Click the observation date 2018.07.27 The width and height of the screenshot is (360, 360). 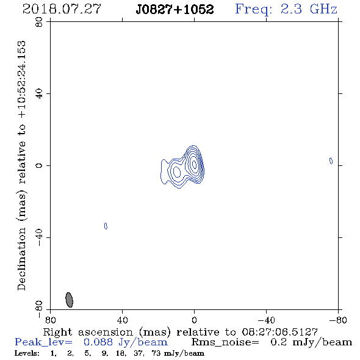point(62,9)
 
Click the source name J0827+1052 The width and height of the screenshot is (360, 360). point(175,9)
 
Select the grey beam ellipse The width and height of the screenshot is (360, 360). point(69,300)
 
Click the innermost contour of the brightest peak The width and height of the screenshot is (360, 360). point(194,164)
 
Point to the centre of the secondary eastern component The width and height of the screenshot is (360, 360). point(177,172)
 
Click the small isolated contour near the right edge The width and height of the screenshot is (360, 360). point(331,161)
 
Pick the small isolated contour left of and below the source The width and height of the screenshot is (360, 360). point(106,226)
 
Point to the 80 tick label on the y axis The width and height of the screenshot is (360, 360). point(39,22)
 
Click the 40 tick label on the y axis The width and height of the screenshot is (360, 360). point(39,94)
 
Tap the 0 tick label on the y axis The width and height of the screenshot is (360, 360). point(39,165)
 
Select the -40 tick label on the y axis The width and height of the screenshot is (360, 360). point(39,237)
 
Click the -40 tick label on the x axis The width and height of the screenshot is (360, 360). point(266,320)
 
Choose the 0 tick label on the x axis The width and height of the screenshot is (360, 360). point(194,320)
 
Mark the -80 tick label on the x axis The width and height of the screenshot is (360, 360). point(338,320)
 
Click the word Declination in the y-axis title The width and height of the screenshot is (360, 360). point(21,259)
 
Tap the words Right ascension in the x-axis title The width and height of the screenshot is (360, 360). point(88,332)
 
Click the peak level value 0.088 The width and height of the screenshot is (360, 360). point(98,342)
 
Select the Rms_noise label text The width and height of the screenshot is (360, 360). point(225,342)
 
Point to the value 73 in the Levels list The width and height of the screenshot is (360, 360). point(156,353)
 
